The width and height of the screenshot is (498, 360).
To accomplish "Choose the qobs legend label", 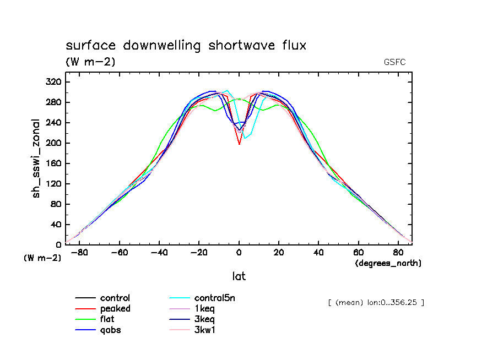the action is click(x=111, y=330).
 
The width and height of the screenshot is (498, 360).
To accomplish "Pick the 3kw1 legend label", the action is click(x=205, y=330).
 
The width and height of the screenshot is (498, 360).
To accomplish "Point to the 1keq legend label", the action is click(x=204, y=309).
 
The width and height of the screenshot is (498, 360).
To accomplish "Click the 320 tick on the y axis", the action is click(x=53, y=82).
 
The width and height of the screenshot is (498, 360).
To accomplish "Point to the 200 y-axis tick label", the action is click(x=53, y=143).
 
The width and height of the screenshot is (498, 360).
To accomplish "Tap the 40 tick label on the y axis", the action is click(x=56, y=225).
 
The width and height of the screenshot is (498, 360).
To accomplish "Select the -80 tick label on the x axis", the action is click(x=80, y=253).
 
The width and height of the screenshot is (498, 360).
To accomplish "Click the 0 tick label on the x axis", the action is click(x=239, y=253).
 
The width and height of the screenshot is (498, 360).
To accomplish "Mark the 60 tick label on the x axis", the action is click(x=359, y=253).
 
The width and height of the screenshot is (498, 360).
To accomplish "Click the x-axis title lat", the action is click(x=239, y=276).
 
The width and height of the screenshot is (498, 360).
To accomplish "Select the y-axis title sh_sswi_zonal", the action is click(x=36, y=159).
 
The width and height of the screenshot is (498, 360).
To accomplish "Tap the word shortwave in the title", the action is click(x=242, y=45).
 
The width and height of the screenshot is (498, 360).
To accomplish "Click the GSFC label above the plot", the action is click(x=395, y=62).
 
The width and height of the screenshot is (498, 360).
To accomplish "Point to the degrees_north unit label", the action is click(x=388, y=264).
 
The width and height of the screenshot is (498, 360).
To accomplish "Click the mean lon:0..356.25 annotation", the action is click(x=376, y=303).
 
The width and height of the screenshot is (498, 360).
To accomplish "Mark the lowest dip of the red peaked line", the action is click(x=239, y=144).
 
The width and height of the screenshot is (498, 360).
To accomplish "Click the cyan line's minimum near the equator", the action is click(x=245, y=138).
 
